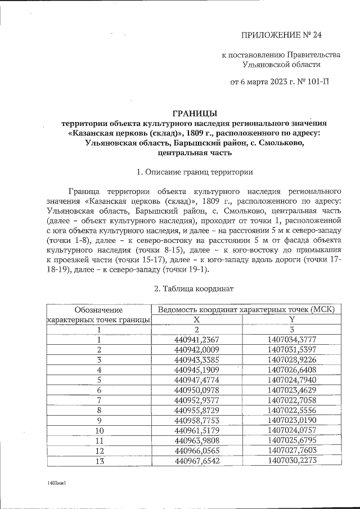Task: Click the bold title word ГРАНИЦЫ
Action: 193,112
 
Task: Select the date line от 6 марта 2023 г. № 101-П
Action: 280,82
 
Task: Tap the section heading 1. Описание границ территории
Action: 193,172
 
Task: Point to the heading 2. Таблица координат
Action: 193,288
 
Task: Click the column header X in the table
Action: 197,319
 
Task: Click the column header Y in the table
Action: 291,319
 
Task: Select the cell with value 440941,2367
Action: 197,339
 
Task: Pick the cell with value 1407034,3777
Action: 291,339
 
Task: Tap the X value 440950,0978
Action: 197,390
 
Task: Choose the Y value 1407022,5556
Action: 291,410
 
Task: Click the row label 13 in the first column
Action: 99,461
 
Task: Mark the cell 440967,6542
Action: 197,461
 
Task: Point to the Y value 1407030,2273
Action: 291,461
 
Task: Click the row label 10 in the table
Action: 99,430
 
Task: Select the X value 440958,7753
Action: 197,420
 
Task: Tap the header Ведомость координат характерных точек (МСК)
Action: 246,309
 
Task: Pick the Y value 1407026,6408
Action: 291,370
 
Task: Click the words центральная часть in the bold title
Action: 193,152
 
